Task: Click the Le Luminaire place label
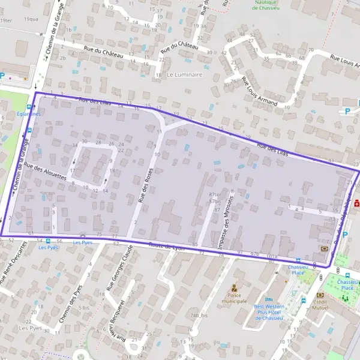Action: tap(185, 75)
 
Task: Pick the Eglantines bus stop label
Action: tap(29, 114)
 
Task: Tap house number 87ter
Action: tap(215, 195)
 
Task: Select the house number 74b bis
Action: tap(199, 315)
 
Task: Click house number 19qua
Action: tap(31, 19)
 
